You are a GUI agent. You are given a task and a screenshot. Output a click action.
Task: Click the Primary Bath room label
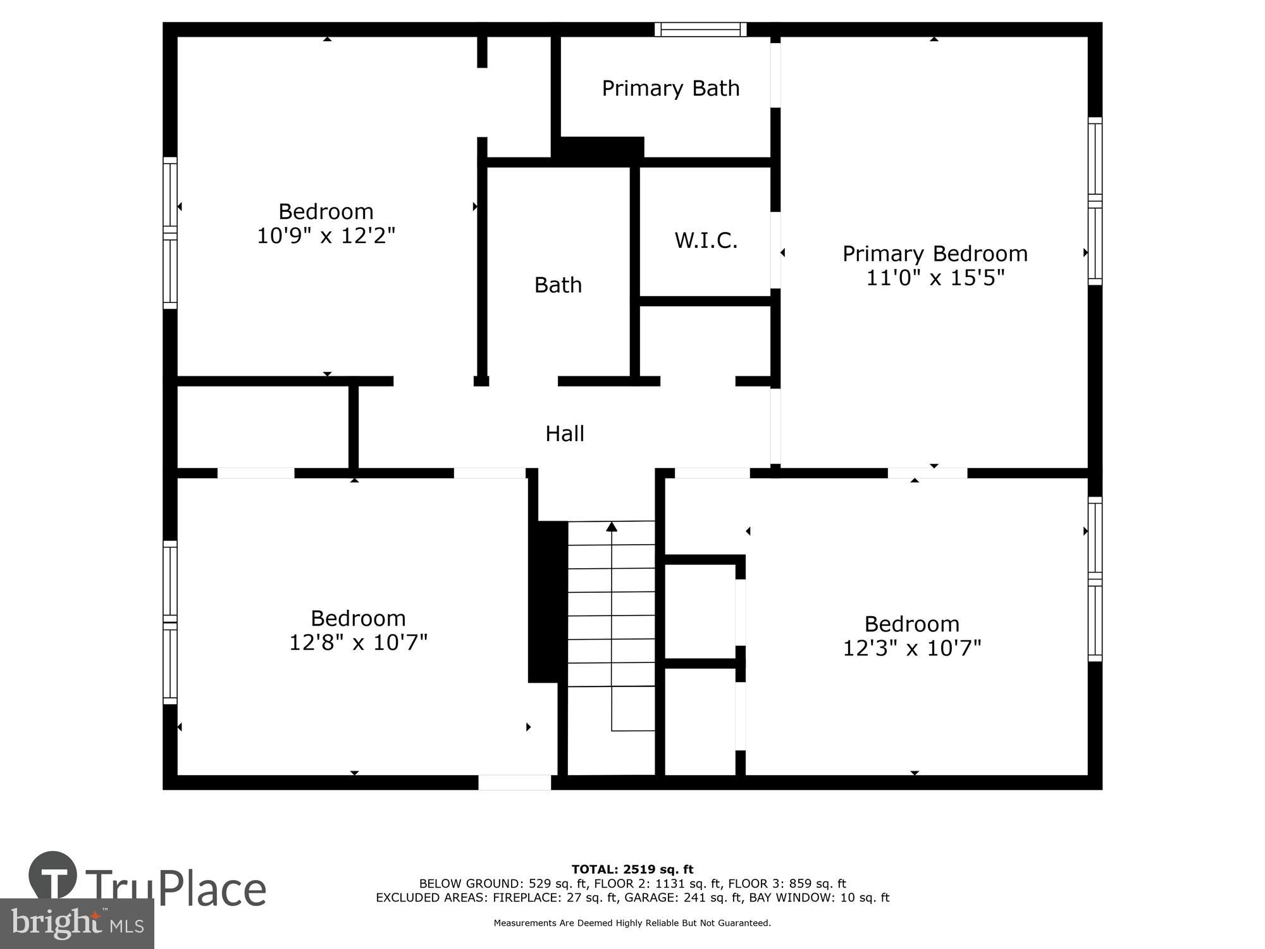point(670,89)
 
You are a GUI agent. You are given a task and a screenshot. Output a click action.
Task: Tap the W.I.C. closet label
point(706,240)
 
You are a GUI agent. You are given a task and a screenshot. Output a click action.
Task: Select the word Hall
point(565,433)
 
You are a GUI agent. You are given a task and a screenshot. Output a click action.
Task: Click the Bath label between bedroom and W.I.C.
point(558,285)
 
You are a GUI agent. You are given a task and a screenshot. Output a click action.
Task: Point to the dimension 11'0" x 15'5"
point(935,278)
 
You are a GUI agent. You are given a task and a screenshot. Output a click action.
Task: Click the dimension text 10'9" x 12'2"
point(326,235)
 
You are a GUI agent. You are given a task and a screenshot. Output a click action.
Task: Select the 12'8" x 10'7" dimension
point(358,642)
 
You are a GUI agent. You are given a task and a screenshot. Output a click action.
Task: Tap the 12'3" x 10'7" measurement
point(912,648)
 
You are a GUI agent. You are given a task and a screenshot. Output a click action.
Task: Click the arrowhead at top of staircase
point(612,526)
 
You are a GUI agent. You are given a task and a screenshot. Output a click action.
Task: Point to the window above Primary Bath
point(700,29)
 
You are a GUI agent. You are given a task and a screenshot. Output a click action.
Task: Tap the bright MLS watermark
point(77,924)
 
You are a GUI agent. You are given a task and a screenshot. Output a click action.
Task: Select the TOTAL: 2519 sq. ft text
point(632,869)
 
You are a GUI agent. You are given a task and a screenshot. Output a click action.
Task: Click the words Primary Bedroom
point(935,254)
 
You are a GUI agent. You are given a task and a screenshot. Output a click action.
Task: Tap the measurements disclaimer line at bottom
point(632,923)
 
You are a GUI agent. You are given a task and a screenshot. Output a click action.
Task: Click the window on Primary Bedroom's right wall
point(1095,201)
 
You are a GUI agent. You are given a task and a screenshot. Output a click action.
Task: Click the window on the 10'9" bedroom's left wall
point(170,233)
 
